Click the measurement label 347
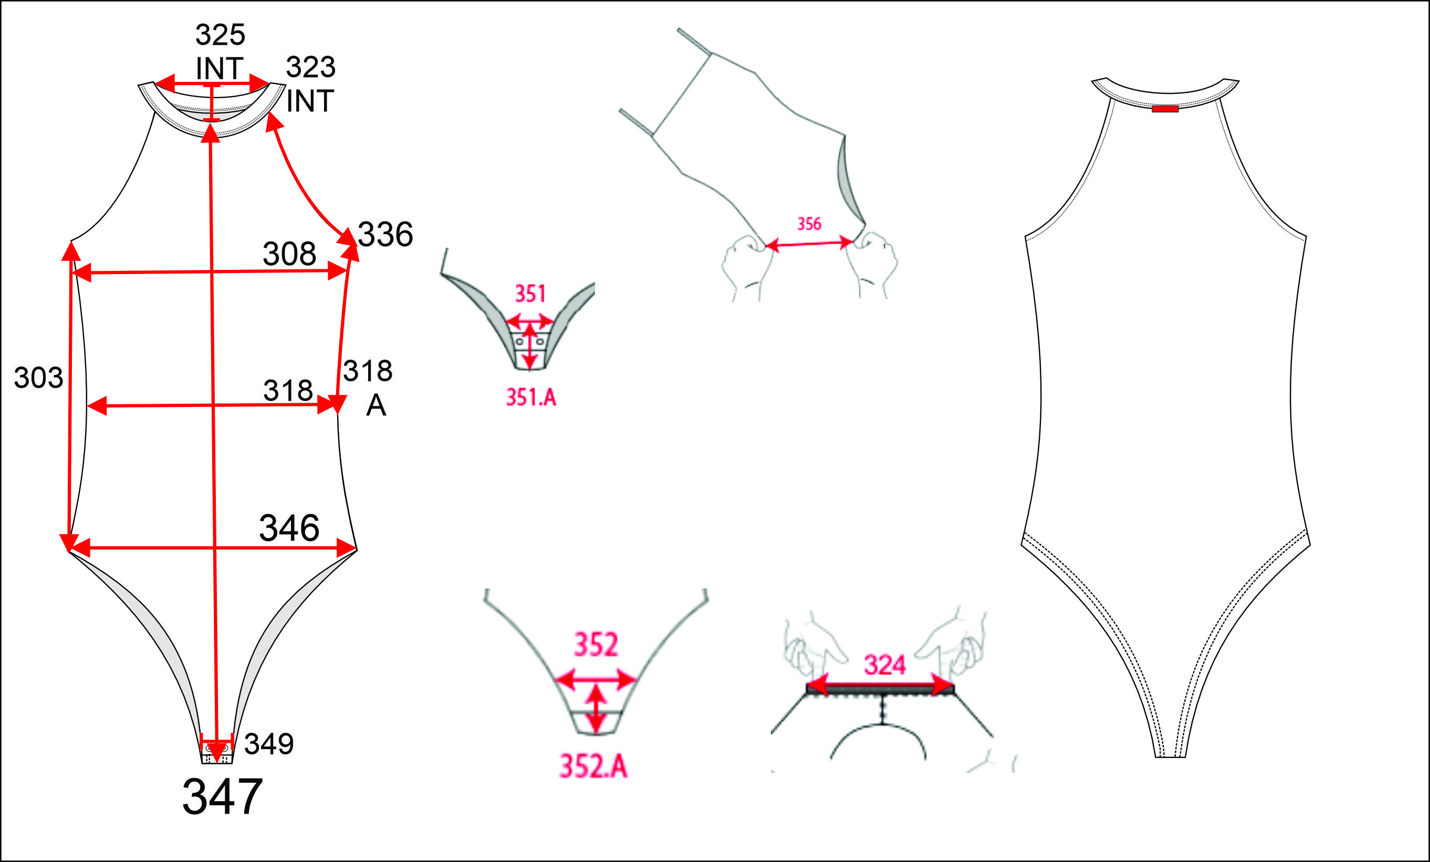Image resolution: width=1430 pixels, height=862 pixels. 222,797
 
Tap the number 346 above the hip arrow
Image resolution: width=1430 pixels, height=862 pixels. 289,528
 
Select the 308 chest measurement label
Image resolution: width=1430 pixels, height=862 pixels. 289,254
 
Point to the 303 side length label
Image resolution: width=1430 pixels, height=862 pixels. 38,377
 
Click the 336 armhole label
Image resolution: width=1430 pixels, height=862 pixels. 385,234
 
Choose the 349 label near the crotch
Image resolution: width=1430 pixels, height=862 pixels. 269,744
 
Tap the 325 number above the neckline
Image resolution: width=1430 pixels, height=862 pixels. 220,35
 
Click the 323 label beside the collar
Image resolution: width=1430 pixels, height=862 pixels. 310,67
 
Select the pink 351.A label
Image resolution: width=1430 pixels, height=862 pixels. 531,397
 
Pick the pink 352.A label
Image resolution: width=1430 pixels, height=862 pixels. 593,766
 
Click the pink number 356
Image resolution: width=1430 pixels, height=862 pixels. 809,224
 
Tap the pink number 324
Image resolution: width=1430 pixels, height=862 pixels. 884,665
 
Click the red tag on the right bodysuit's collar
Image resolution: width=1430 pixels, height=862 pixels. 1165,109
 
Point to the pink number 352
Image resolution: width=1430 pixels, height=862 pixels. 596,645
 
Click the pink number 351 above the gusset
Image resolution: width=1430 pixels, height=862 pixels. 530,293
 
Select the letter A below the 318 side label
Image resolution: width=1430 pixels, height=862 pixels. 376,405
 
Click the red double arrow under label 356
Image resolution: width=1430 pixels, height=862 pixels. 809,244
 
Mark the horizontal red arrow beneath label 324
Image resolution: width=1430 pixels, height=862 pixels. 880,685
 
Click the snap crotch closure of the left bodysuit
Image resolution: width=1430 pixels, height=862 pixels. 217,753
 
